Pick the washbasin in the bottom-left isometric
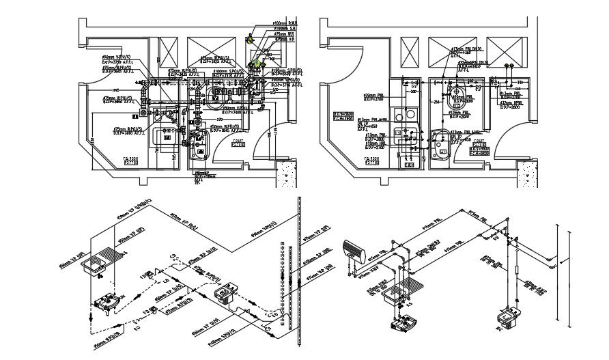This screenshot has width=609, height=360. click(108, 301)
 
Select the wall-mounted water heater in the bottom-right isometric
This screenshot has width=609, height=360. click(356, 249)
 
